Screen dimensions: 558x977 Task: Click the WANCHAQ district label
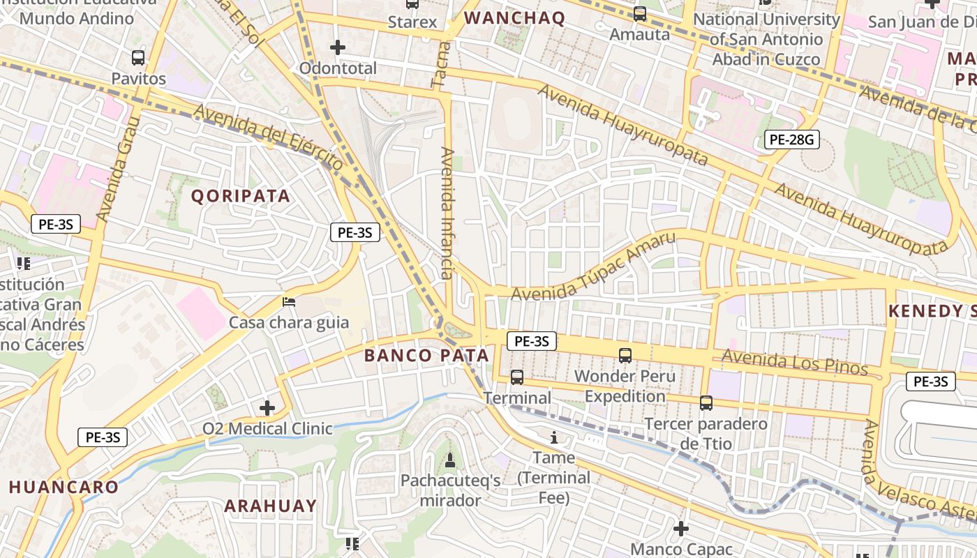[x=514, y=18]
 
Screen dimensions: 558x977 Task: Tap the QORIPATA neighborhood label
[x=241, y=196]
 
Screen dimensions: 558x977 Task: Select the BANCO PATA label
[x=426, y=355]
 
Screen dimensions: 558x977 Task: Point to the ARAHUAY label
[x=271, y=506]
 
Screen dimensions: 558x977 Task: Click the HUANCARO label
[x=64, y=487]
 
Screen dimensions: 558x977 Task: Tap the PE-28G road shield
[x=791, y=139]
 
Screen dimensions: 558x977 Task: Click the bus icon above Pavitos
[x=138, y=58]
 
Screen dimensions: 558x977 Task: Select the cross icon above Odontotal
[x=338, y=47]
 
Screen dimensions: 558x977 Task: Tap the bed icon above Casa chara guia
[x=289, y=302]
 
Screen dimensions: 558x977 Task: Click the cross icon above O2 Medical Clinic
[x=267, y=408]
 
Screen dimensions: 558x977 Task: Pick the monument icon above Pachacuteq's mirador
[x=450, y=460]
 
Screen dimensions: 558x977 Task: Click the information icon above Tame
[x=554, y=437]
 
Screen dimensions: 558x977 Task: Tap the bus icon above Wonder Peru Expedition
[x=625, y=355]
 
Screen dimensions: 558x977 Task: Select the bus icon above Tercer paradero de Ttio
[x=706, y=402]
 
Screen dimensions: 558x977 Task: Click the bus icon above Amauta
[x=639, y=13]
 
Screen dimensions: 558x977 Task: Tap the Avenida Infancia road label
[x=447, y=213]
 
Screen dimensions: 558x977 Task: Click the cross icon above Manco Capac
[x=681, y=529]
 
